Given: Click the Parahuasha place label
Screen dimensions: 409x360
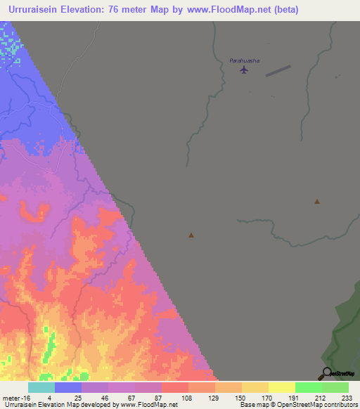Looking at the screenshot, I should coord(245,60).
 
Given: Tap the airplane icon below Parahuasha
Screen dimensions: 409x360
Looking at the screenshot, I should coord(244,70).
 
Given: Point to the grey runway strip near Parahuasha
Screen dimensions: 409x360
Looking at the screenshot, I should coord(278,71).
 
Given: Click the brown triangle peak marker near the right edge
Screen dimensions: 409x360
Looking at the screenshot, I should coord(317,202).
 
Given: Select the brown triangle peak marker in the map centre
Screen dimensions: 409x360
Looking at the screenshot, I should coord(191,235).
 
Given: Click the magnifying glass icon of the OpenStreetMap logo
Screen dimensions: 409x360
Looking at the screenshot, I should coord(327,373).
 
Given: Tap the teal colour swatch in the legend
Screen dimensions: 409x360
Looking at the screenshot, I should coord(41,387).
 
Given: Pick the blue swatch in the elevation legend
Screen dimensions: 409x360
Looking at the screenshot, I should coord(68,387).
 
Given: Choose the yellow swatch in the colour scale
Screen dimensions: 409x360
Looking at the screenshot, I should coord(282,387).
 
